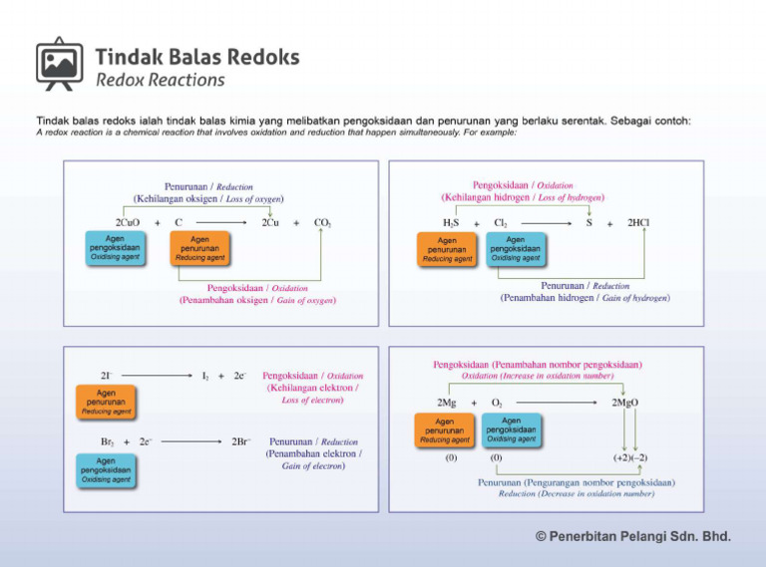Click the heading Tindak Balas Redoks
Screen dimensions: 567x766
tap(196, 57)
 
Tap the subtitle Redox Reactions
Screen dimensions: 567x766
tap(160, 80)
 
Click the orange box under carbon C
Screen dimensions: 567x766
tap(199, 248)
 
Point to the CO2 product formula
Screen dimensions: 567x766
tap(322, 222)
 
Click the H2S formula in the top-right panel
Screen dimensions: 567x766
tap(451, 223)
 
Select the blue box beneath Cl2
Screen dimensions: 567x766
tap(516, 248)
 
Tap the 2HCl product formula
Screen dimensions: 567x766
tap(639, 223)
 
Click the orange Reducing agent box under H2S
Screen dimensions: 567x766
tap(447, 248)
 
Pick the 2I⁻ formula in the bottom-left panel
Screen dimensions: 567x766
tap(106, 376)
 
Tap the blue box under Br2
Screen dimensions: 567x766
tap(106, 469)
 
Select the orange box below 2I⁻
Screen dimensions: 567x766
tap(106, 402)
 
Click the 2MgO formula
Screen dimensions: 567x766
tap(624, 403)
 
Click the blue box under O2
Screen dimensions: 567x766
tap(511, 430)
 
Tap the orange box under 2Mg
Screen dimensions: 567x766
tap(445, 430)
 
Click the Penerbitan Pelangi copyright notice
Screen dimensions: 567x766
tap(632, 537)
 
